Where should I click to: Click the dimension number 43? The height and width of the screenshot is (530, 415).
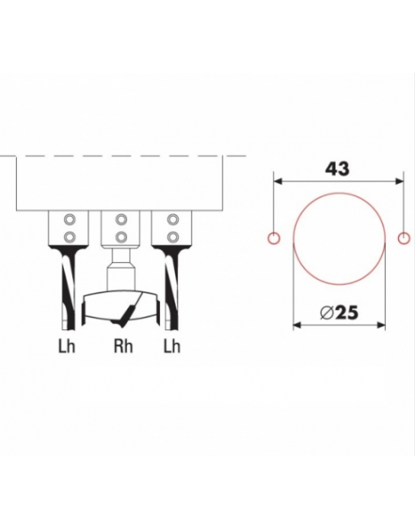point(337,168)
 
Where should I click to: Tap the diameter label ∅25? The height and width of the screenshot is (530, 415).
point(338,312)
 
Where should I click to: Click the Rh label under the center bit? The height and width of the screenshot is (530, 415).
point(123,346)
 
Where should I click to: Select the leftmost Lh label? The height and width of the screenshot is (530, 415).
point(66,346)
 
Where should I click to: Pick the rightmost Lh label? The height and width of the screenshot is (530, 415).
point(172,346)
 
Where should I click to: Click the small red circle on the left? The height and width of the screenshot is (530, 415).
point(273,238)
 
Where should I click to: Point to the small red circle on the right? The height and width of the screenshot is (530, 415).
point(404,238)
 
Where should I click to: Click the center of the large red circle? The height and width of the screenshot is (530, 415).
point(339,238)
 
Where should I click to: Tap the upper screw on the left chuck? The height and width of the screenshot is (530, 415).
point(70,220)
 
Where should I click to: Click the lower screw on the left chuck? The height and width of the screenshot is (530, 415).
point(70,236)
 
